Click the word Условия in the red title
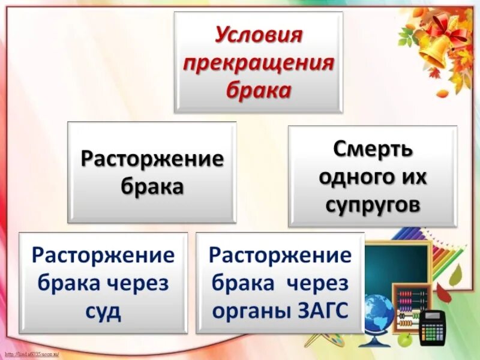point(259,35)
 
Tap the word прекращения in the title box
point(259,63)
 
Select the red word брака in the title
point(259,91)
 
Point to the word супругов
point(373,205)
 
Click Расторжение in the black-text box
point(152,159)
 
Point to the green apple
point(406,340)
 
